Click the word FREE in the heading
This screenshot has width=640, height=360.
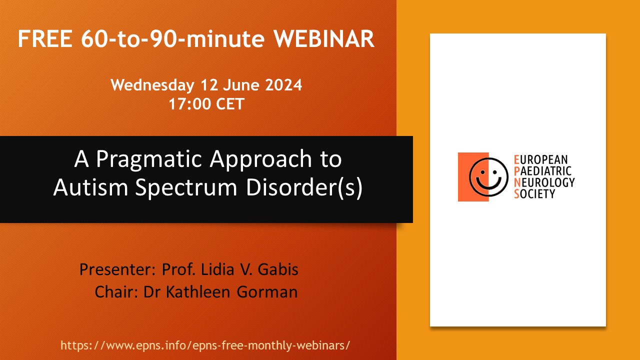tap(45, 39)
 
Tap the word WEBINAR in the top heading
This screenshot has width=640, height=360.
tap(324, 39)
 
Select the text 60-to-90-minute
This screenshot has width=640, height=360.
tap(173, 39)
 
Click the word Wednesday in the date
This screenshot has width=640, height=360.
tap(152, 85)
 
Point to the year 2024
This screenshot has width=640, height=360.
tap(283, 85)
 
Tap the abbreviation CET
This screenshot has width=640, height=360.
tap(230, 103)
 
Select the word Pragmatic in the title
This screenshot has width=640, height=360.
tap(149, 159)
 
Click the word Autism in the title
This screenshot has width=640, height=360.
tap(90, 187)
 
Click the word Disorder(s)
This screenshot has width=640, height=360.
tap(304, 187)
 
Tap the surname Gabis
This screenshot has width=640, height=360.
tap(278, 269)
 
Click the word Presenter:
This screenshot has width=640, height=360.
tap(117, 269)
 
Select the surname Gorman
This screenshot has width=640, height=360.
tap(267, 292)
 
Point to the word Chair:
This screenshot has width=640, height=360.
tap(116, 292)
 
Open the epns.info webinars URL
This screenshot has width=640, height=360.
tap(205, 345)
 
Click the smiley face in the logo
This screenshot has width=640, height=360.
tap(488, 177)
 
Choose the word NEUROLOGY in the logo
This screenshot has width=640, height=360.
tap(544, 182)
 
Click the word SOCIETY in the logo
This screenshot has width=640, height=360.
tap(534, 194)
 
